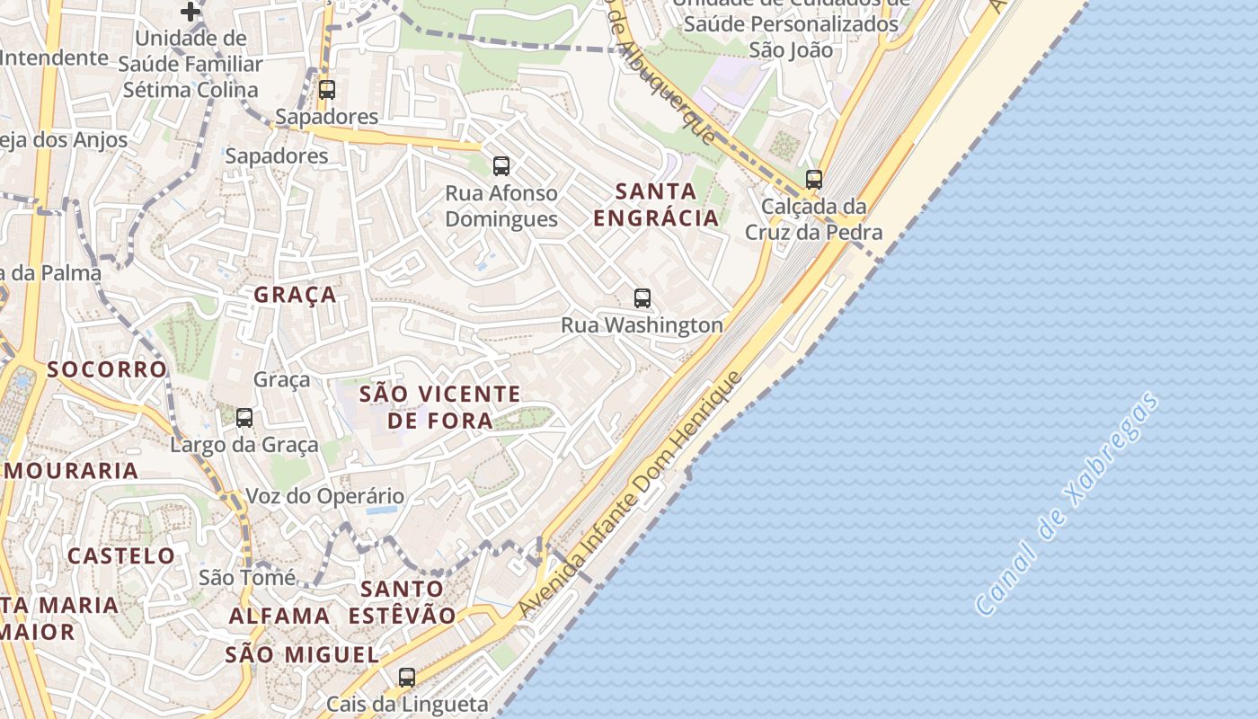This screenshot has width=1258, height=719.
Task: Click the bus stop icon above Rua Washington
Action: pyautogui.click(x=642, y=298)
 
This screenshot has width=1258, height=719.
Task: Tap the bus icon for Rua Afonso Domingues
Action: pyautogui.click(x=501, y=165)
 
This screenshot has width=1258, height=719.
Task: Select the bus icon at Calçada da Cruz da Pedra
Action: pyautogui.click(x=814, y=179)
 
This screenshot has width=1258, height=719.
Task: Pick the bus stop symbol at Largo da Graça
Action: pyautogui.click(x=244, y=417)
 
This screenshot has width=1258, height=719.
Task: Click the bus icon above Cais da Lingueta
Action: pyautogui.click(x=407, y=677)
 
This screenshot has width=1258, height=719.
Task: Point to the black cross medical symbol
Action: pyautogui.click(x=190, y=12)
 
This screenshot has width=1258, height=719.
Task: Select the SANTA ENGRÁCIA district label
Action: pyautogui.click(x=657, y=204)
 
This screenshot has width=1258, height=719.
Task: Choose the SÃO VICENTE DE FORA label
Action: pyautogui.click(x=439, y=406)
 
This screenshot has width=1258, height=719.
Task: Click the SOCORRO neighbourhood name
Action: pyautogui.click(x=107, y=369)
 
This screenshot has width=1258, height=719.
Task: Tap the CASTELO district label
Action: pyautogui.click(x=121, y=555)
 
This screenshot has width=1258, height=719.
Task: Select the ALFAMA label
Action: pyautogui.click(x=279, y=616)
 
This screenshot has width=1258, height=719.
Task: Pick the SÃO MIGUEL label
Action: pyautogui.click(x=301, y=654)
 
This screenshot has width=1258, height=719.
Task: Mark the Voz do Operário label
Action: pyautogui.click(x=325, y=496)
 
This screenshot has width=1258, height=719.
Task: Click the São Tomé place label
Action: pyautogui.click(x=247, y=577)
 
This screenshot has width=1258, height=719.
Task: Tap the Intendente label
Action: pyautogui.click(x=54, y=58)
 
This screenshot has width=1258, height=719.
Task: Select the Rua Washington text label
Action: pyautogui.click(x=642, y=324)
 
